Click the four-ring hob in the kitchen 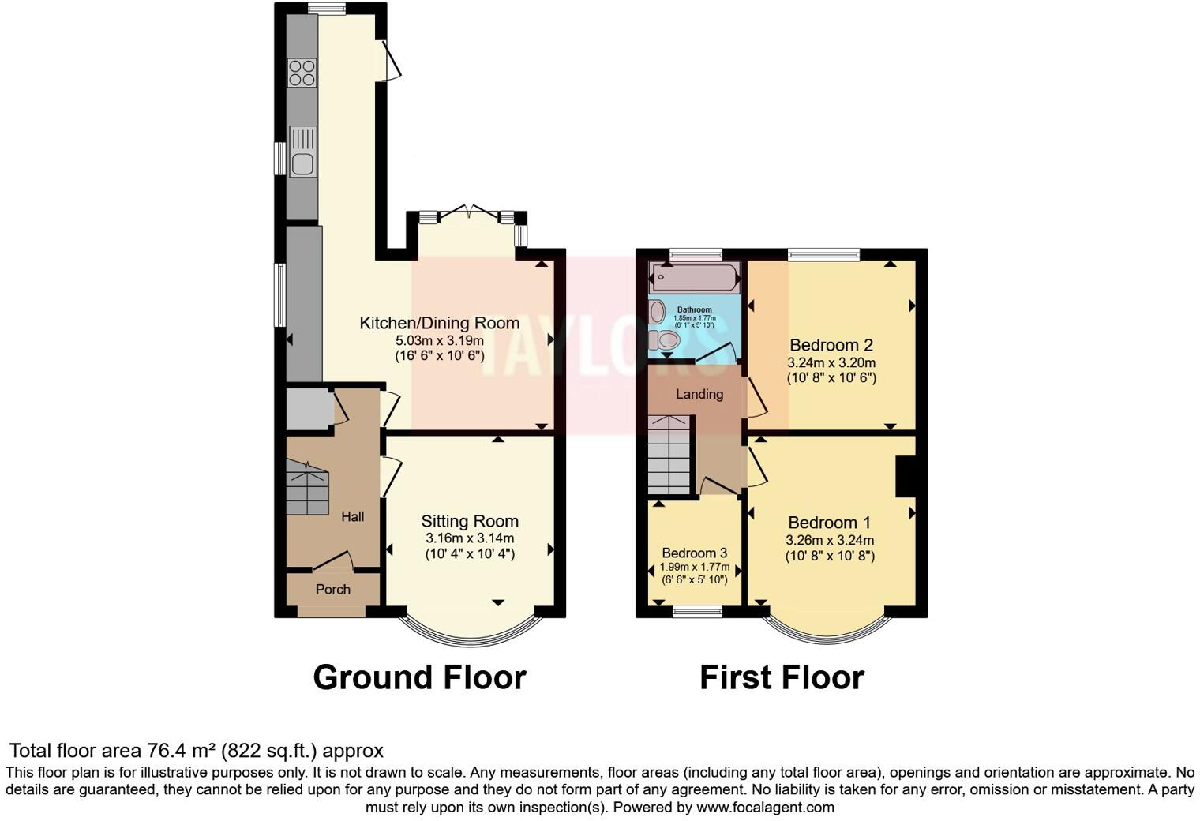coord(302,73)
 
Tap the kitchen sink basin coord(302,164)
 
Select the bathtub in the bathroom coord(694,278)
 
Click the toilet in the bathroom coord(667,340)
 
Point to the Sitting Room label coord(470,521)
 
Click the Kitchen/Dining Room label coord(439,323)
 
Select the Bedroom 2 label coord(831,345)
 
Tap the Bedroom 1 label coord(829,523)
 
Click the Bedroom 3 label coord(694,553)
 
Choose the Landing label coord(699,394)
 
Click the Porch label coord(332,590)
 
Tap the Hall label coord(352,517)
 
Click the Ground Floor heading coord(419,677)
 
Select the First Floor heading coord(782,677)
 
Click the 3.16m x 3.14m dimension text coord(470,538)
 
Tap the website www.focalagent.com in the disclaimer coord(764,808)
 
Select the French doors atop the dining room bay coord(467,212)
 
